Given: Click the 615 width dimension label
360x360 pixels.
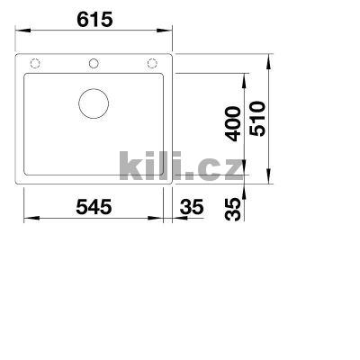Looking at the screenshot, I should point(94,19).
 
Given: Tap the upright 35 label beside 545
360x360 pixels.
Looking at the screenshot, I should point(192,207).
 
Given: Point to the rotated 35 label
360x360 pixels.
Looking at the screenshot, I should point(232,210).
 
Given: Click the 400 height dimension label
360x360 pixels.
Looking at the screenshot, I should point(232,123).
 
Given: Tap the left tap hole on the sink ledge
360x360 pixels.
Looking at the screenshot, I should point(36,64).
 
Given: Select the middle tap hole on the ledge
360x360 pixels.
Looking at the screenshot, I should point(94,64).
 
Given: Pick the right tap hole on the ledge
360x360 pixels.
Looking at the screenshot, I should point(151,64).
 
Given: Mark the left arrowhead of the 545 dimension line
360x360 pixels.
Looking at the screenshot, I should point(27,219).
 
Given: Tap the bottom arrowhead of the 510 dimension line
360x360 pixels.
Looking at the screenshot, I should point(271,182).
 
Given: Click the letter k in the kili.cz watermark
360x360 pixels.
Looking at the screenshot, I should point(129,164).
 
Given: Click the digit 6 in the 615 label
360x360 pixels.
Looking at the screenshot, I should point(78,19).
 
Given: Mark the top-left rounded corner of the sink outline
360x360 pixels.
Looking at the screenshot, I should point(22,56).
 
